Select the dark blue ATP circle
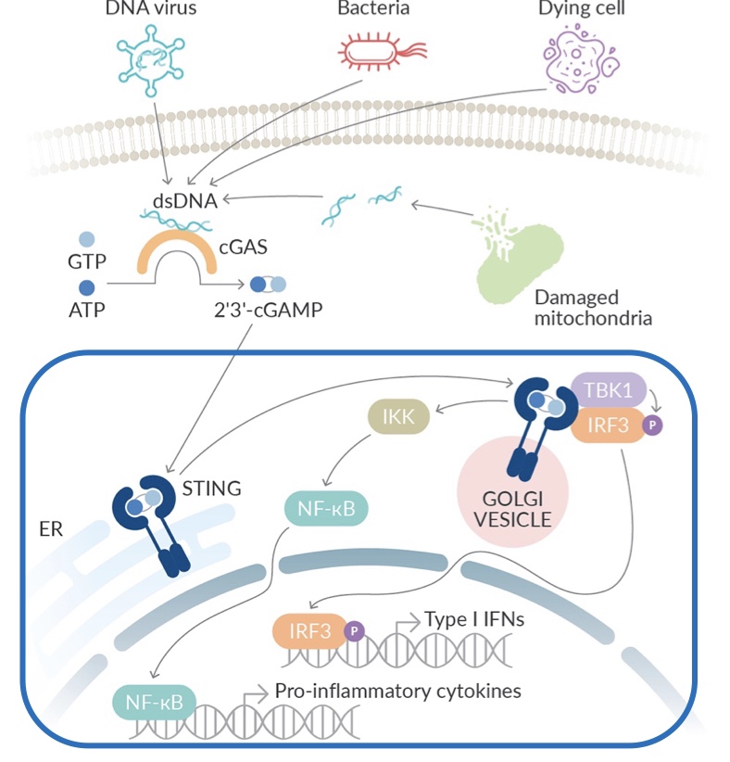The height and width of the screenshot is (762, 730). point(85,287)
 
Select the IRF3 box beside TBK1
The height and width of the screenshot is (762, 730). point(604,427)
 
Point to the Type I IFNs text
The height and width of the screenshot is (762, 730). point(474,618)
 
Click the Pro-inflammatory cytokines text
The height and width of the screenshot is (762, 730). point(397,691)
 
